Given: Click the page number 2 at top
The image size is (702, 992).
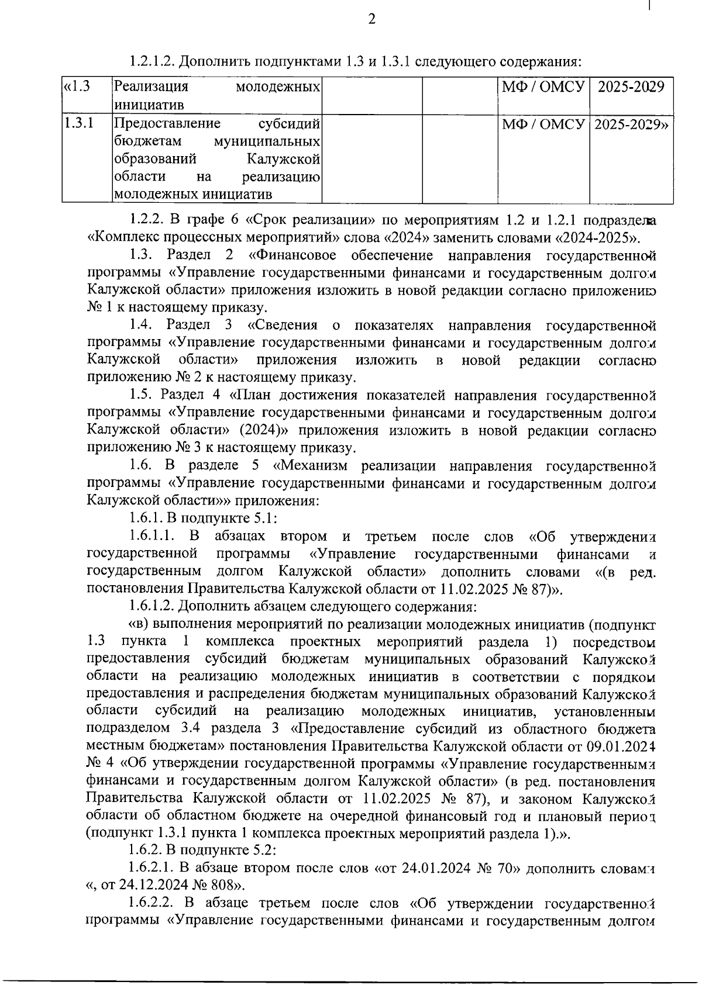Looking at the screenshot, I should click(x=371, y=20).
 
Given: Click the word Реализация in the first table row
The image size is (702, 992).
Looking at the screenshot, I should click(x=151, y=87).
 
